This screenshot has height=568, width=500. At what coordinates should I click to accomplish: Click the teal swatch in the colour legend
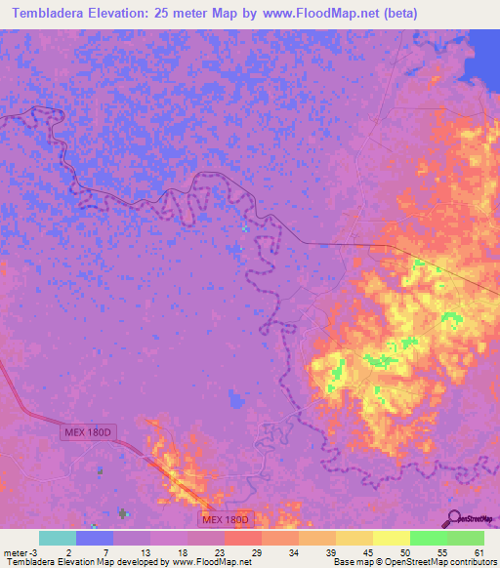58,538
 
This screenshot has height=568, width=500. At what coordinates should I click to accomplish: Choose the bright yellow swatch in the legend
392,538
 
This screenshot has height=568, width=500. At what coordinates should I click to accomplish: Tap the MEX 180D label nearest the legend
227,519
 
